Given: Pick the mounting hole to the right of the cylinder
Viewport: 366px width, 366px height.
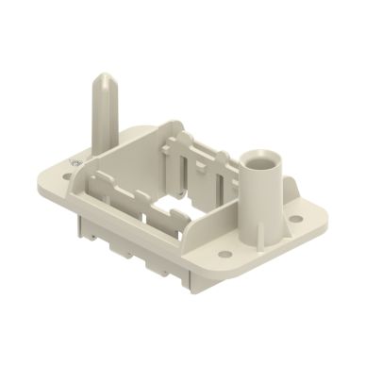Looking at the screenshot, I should click(295, 219).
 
